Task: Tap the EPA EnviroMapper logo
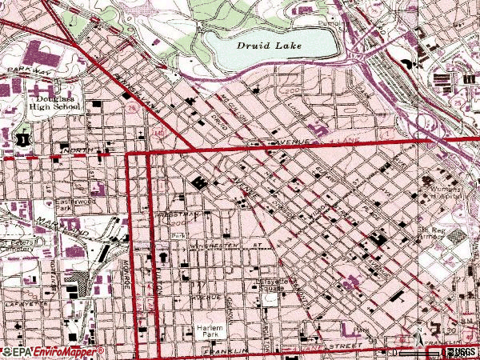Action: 52,352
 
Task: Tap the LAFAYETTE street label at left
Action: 22,305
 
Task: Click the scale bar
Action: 416,352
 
